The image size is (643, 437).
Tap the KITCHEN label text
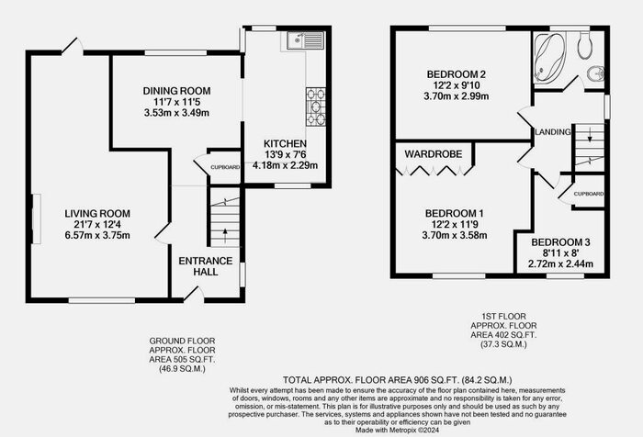[x=285, y=144]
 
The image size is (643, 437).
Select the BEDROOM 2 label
[x=457, y=73]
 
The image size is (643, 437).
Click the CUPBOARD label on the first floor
[x=588, y=195]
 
